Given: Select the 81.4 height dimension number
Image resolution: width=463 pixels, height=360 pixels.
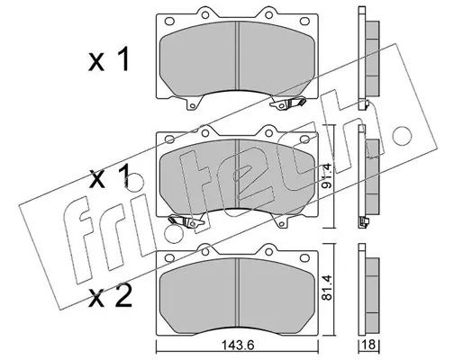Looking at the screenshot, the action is pyautogui.click(x=327, y=287).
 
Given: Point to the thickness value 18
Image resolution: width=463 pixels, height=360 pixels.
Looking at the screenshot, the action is pyautogui.click(x=369, y=345).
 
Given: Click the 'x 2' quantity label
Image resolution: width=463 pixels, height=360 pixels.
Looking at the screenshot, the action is pyautogui.click(x=110, y=296).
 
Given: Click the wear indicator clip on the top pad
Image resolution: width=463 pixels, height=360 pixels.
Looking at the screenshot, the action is pyautogui.click(x=287, y=103).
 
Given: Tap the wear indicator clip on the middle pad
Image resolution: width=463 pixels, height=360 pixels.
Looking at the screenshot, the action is pyautogui.click(x=186, y=221).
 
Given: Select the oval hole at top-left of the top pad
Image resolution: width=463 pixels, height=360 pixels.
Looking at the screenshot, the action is pyautogui.click(x=169, y=21).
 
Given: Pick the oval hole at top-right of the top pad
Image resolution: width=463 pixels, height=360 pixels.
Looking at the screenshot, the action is pyautogui.click(x=304, y=21).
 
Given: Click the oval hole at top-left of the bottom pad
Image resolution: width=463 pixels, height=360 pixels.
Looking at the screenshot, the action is pyautogui.click(x=169, y=257).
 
